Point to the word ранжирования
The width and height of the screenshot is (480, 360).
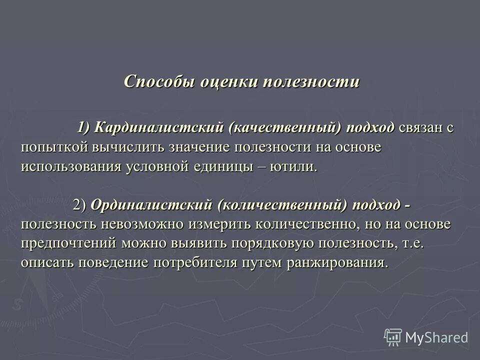click(x=337, y=262)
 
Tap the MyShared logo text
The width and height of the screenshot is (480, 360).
click(x=436, y=337)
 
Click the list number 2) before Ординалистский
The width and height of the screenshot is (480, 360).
click(x=80, y=205)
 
